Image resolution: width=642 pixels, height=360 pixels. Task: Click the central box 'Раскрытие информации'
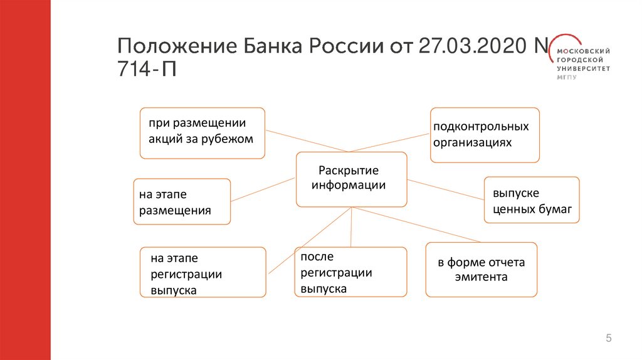click(x=350, y=179)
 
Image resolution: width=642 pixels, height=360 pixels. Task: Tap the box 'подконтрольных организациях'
click(x=485, y=135)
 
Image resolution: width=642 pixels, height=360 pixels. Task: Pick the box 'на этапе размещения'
click(x=182, y=201)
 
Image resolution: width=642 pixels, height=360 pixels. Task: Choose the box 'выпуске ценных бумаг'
click(x=532, y=200)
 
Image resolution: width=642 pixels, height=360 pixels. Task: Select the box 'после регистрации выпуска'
click(x=350, y=272)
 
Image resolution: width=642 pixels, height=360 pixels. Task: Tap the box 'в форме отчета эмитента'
click(x=481, y=270)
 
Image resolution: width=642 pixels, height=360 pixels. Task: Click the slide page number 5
click(x=608, y=339)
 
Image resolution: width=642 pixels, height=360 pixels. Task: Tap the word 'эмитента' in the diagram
click(x=481, y=277)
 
